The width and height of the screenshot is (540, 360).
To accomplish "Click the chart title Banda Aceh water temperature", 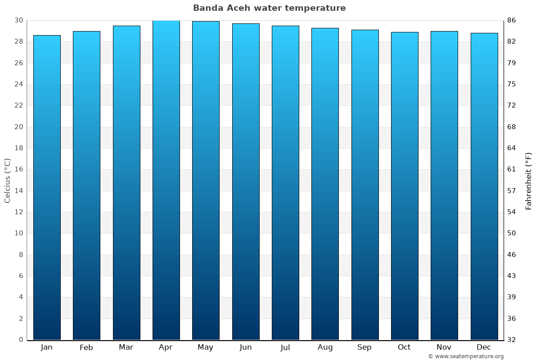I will click(x=270, y=8).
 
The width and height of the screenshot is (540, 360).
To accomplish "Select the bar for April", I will click(x=166, y=180).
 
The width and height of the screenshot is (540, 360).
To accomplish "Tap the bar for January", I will click(x=47, y=187).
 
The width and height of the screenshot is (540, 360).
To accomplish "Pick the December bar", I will click(x=484, y=186).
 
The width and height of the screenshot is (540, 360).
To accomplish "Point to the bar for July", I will click(x=285, y=183).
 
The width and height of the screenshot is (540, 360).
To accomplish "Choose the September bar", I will click(x=365, y=184).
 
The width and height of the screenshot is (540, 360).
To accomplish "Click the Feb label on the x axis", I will click(x=86, y=347).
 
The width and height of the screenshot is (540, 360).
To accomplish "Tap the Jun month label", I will click(x=246, y=347).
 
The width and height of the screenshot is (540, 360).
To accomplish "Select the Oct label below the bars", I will click(x=404, y=347).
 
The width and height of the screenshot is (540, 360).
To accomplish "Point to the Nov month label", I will click(x=444, y=347).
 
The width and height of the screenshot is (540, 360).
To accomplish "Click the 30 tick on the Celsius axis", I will click(x=18, y=20).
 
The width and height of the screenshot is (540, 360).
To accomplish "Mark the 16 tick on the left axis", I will click(x=18, y=169).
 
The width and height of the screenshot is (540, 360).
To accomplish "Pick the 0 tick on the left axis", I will click(x=21, y=340).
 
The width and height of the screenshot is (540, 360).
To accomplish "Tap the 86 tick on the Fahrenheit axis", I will click(x=512, y=20).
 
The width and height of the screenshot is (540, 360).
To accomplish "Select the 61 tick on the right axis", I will click(x=512, y=169).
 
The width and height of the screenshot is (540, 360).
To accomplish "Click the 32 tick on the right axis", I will click(x=512, y=340).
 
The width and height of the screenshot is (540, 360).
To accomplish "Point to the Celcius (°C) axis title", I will click(x=7, y=180).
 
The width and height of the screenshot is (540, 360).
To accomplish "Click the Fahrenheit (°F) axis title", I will click(x=529, y=181).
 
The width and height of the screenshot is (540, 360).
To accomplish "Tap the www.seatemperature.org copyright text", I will click(x=466, y=356).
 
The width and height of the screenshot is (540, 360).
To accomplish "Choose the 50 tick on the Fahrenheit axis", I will click(x=512, y=233).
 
